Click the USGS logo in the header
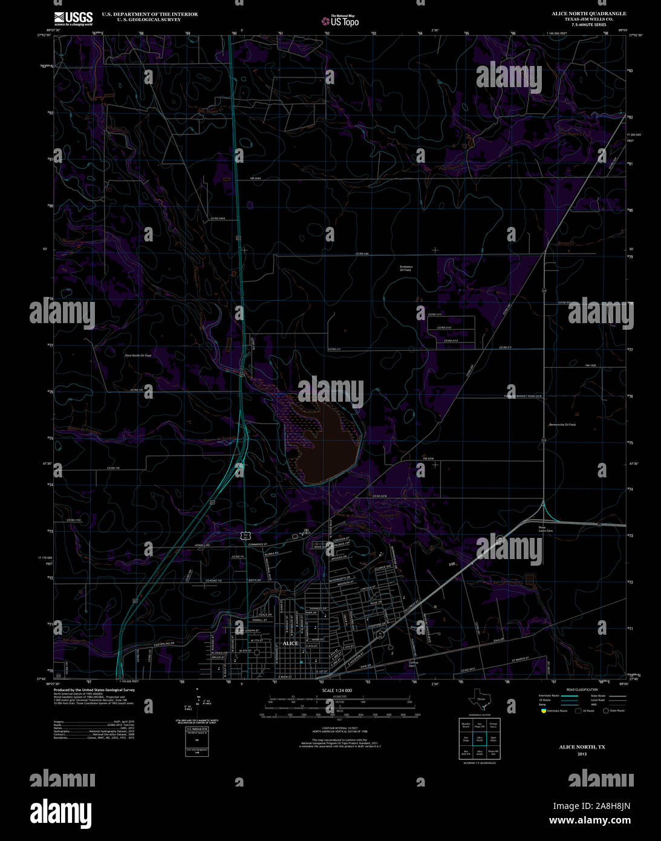pyautogui.click(x=73, y=18)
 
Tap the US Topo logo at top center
pyautogui.click(x=340, y=21)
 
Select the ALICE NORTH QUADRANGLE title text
pyautogui.click(x=588, y=13)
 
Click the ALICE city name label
pyautogui.click(x=290, y=643)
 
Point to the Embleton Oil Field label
pyautogui.click(x=405, y=268)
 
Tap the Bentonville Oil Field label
pyautogui.click(x=562, y=425)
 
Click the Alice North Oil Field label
pyautogui.click(x=138, y=355)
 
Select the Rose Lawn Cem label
pyautogui.click(x=546, y=529)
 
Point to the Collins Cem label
pyautogui.click(x=414, y=664)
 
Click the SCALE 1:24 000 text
pyautogui.click(x=337, y=690)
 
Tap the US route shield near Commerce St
pyautogui.click(x=244, y=535)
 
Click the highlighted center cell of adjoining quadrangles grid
pyautogui.click(x=480, y=739)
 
